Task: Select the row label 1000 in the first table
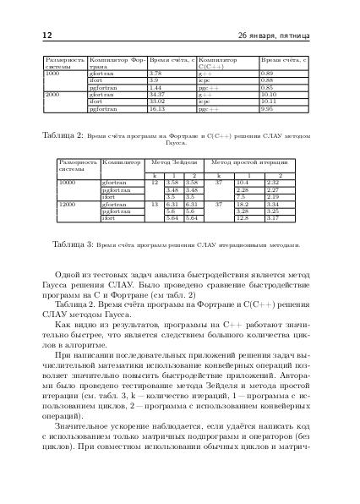52,74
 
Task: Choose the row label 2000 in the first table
52,95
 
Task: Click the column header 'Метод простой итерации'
251,161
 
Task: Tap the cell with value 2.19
273,196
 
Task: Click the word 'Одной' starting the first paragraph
68,276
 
